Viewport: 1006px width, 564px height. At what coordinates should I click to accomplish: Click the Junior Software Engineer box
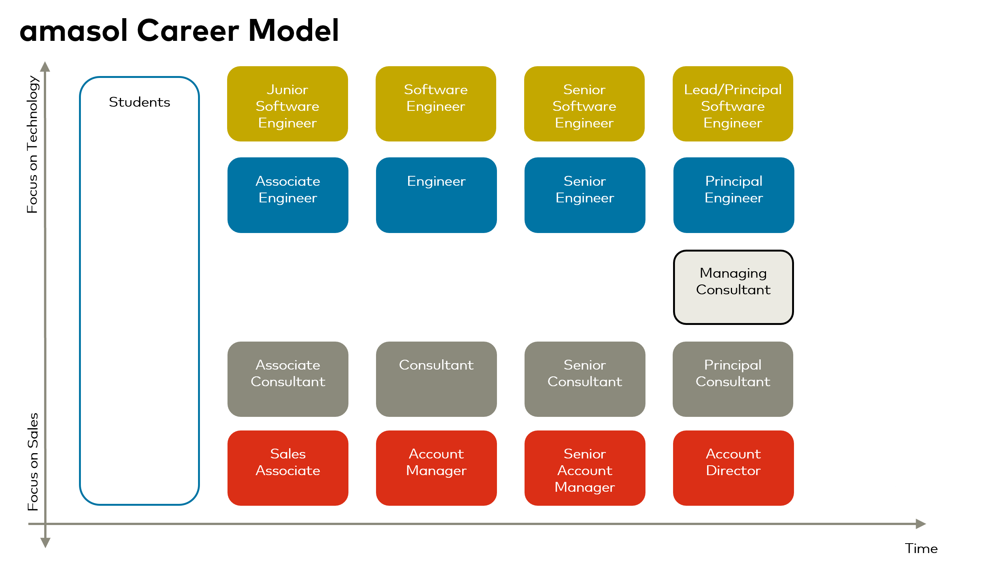(288, 104)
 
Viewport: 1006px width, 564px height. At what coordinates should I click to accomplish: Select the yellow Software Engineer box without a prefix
(436, 104)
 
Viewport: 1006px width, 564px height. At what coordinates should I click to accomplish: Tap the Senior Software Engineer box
(584, 104)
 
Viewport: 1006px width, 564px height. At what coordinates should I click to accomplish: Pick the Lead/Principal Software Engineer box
(733, 104)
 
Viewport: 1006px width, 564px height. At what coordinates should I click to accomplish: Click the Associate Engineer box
(288, 195)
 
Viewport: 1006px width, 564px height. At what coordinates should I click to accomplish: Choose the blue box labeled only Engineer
(436, 195)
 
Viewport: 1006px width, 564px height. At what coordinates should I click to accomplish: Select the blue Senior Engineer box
(585, 195)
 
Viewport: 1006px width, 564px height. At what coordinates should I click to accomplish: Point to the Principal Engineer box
(734, 195)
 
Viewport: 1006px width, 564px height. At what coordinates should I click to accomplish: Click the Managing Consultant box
(734, 287)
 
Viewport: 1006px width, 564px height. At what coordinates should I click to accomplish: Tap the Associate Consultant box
(288, 379)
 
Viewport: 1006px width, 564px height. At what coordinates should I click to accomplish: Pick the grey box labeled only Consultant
(436, 379)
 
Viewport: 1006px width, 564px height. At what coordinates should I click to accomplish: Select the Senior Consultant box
(585, 379)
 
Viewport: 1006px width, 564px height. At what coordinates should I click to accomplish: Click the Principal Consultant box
(733, 379)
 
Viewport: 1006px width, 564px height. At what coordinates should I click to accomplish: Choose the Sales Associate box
(288, 468)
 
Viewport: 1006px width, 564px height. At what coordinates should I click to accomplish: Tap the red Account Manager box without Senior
(436, 468)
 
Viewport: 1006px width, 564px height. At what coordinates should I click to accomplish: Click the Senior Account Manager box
(585, 468)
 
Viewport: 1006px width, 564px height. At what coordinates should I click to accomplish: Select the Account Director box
(734, 468)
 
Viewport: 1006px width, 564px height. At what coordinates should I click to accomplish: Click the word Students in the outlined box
(139, 102)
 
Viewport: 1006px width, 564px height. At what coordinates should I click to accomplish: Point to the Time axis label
(921, 548)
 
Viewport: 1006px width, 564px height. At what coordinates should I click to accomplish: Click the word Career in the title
(188, 31)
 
